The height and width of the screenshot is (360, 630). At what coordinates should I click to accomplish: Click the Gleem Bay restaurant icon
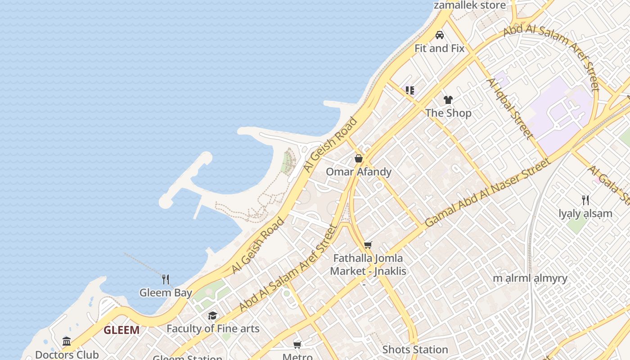166,279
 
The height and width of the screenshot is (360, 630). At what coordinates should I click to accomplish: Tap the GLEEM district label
121,330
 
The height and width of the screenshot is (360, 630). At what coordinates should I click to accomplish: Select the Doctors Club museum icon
67,342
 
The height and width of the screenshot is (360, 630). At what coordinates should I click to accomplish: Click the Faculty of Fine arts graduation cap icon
212,315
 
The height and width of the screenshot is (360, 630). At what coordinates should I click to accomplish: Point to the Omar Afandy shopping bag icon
359,158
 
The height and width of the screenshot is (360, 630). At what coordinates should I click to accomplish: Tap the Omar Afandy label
359,172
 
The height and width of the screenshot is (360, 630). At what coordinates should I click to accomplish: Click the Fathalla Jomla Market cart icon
368,245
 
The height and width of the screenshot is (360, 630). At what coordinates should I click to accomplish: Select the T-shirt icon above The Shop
448,100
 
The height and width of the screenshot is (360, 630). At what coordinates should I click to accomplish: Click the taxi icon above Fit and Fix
440,35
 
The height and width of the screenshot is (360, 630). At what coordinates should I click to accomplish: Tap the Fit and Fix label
439,48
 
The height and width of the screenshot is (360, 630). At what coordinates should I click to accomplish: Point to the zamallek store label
470,5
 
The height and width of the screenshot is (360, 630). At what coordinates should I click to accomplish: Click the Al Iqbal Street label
509,108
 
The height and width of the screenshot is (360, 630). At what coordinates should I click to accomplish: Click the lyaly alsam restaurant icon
585,200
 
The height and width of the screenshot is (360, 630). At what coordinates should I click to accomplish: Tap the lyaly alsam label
585,213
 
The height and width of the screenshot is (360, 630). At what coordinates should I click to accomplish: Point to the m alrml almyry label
530,278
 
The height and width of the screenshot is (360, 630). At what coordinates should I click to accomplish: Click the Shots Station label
415,350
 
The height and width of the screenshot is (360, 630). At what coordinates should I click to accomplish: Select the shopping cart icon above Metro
297,345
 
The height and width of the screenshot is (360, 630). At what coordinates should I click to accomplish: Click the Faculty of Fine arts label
213,328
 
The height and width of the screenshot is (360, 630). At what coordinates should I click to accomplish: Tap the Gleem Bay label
166,292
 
